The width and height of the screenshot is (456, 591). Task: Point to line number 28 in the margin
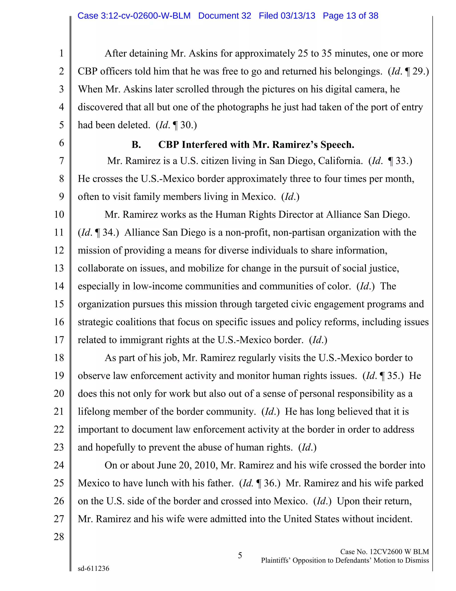[59, 537]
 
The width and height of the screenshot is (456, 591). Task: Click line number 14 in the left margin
[59, 286]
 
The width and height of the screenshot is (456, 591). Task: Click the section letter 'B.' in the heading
[136, 145]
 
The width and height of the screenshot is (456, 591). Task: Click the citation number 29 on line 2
[418, 71]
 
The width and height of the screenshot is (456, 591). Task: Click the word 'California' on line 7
[340, 161]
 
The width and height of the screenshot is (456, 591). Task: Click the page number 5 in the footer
[240, 556]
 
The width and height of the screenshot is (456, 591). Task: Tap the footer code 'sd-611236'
[94, 568]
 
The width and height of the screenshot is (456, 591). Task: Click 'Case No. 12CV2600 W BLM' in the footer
[384, 552]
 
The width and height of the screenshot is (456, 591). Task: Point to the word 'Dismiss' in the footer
[417, 560]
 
